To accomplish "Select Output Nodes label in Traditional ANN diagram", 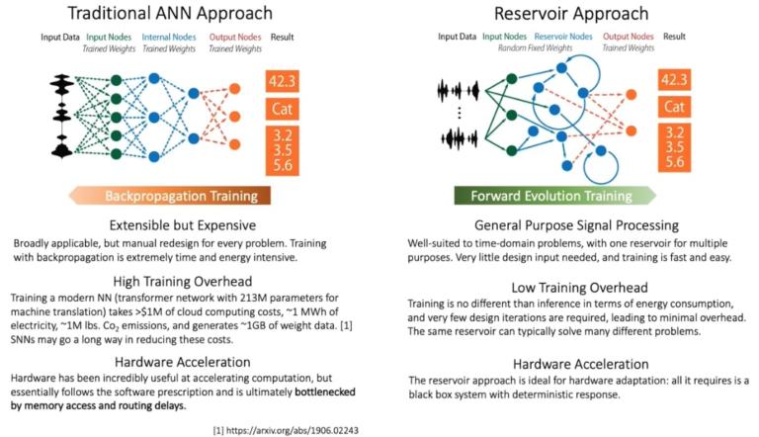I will [x=229, y=38].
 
